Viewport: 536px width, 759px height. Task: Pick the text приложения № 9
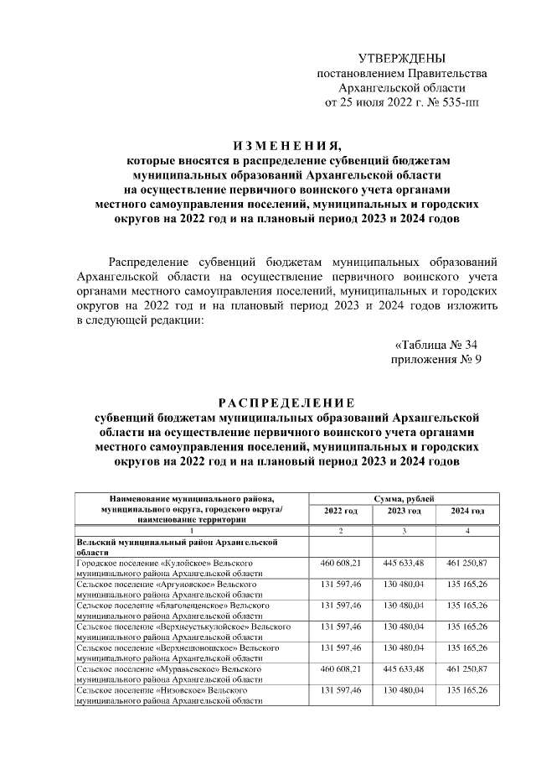[x=435, y=360]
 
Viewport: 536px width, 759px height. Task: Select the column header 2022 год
[x=340, y=511]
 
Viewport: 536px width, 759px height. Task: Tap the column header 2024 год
[x=467, y=511]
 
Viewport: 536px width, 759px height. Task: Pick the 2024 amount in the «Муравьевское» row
[x=467, y=670]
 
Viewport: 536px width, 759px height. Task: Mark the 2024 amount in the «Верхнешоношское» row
[x=467, y=648]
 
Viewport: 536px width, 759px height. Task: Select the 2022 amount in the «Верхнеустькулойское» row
[x=340, y=626]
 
